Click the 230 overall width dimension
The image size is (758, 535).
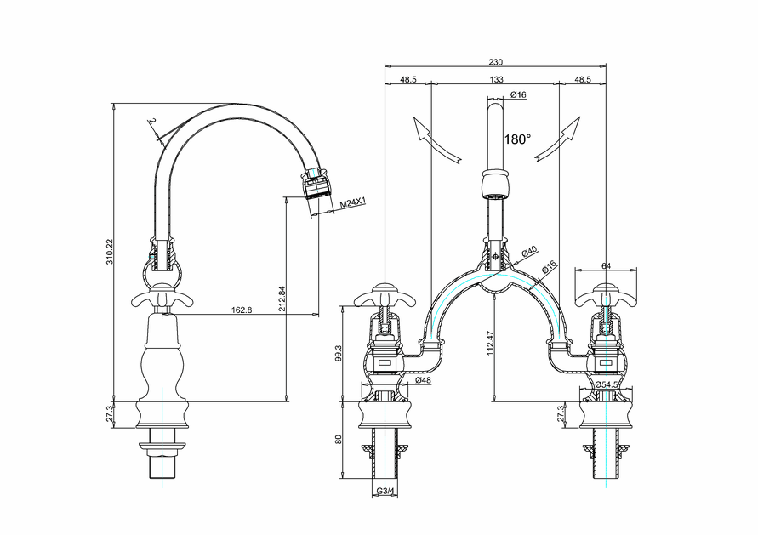(x=496, y=61)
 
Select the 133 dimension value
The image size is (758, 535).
(x=496, y=79)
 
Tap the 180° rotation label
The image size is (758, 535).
(x=517, y=139)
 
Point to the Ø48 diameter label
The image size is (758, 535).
(x=423, y=380)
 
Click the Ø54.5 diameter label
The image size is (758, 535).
(x=606, y=384)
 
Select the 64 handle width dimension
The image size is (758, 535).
(x=606, y=266)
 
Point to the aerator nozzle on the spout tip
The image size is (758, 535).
(x=316, y=185)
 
